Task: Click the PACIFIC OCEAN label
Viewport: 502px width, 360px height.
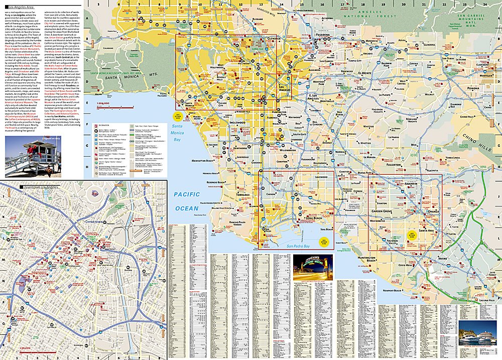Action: coord(187,201)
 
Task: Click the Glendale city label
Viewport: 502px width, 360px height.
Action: coord(274,38)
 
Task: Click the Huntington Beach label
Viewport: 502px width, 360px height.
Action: coord(367,259)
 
